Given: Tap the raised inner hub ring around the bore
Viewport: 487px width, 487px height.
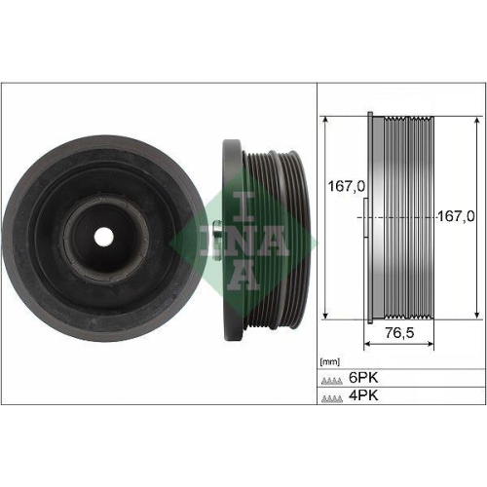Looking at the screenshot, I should [x=103, y=209].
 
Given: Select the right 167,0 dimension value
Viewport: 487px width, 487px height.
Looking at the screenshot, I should [x=454, y=216].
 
